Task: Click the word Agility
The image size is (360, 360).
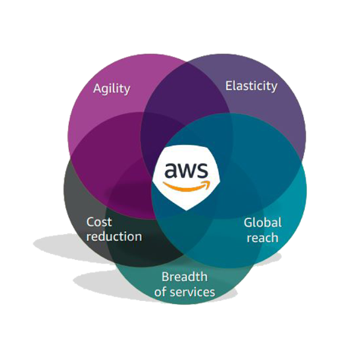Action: [x=111, y=89]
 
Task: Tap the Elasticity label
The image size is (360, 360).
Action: [x=251, y=86]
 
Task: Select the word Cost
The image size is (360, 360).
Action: [x=99, y=222]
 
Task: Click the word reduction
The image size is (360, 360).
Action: [x=114, y=236]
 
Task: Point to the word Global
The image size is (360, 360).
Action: [x=262, y=223]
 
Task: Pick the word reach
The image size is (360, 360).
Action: [x=262, y=238]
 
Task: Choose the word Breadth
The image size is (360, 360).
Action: [x=184, y=277]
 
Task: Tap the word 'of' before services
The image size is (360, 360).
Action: [x=161, y=292]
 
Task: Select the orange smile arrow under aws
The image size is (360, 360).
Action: [x=186, y=186]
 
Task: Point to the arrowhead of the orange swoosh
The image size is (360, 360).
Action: [x=207, y=184]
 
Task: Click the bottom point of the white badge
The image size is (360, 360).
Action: [x=186, y=211]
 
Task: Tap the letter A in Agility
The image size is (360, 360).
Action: [x=98, y=89]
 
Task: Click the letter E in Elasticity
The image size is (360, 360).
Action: [x=229, y=86]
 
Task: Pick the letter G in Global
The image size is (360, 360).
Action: [x=249, y=223]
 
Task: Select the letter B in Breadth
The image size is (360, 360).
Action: [x=165, y=277]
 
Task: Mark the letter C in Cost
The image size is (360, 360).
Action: [x=91, y=222]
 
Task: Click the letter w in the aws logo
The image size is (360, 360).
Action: [x=186, y=171]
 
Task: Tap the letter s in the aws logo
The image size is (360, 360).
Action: [x=202, y=171]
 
